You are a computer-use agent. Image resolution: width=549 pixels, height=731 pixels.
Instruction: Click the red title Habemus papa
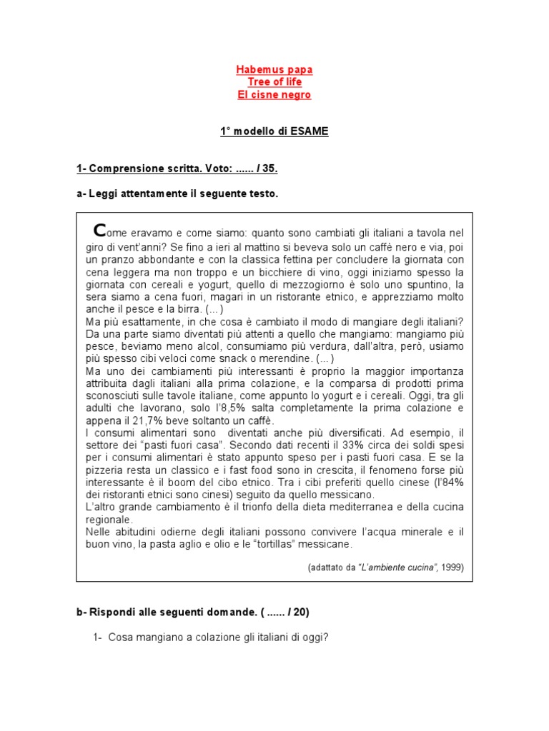click(274, 70)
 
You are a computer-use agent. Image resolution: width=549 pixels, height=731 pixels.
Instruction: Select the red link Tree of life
click(274, 82)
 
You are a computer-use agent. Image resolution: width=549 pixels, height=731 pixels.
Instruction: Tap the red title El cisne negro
click(274, 94)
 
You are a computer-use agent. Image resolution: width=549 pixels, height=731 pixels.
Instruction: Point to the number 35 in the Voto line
click(269, 169)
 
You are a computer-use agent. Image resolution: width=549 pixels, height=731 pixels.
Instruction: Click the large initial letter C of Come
click(99, 230)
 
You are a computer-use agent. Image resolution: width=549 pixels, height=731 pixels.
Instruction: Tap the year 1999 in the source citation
click(451, 568)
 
